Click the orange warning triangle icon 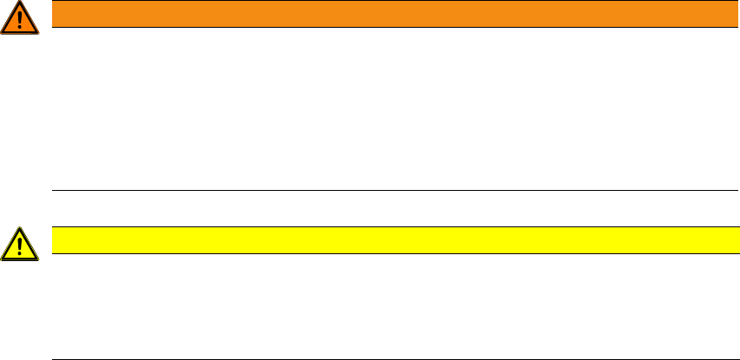pos(20,19)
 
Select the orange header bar pos(389,14)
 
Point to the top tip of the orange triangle pos(20,3)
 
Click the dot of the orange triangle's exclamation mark pos(20,28)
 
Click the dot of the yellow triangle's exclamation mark pos(20,254)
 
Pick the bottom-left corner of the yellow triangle pos(3,259)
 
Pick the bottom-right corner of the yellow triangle pos(38,259)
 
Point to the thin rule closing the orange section pos(389,191)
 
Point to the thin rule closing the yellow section pos(389,358)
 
